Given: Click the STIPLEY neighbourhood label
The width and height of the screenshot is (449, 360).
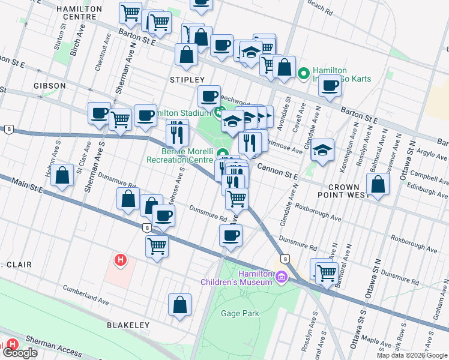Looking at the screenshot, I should [187, 80].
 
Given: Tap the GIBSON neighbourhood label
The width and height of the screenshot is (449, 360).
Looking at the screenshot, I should [50, 86].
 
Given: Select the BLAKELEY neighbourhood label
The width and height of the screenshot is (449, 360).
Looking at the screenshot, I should [128, 325].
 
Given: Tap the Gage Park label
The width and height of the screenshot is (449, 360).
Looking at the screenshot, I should [240, 314].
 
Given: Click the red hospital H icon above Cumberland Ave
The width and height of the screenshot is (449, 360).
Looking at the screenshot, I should [121, 260].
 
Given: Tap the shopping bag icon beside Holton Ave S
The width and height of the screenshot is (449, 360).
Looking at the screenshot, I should [63, 176].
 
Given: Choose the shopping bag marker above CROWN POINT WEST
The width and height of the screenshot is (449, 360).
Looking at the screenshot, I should [378, 184].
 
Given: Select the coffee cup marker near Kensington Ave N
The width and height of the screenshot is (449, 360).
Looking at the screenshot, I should [330, 86].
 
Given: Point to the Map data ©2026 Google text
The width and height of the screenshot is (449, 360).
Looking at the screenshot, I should [412, 355].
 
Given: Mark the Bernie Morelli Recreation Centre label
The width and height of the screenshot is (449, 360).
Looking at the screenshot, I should [180, 155].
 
